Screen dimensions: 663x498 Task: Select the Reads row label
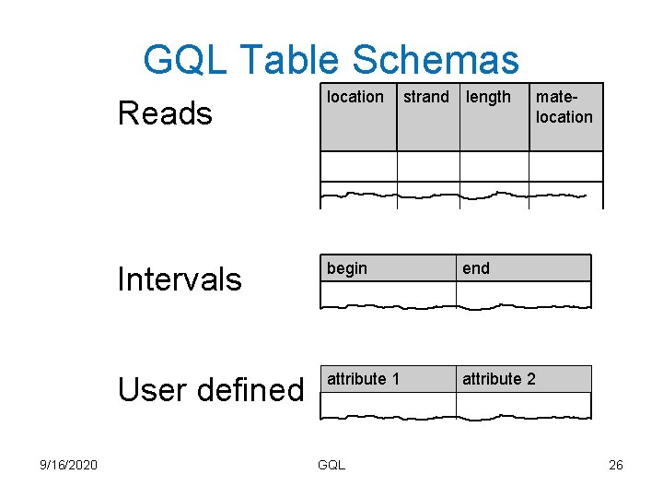[165, 113]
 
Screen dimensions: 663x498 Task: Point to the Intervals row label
[180, 279]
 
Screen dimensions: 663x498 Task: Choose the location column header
[355, 97]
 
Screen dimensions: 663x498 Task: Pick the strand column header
[426, 97]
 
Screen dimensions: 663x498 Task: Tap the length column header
[488, 97]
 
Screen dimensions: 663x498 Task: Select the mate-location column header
[564, 107]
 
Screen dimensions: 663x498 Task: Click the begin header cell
[347, 268]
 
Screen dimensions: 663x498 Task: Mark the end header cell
[476, 268]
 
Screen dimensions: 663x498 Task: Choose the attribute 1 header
[363, 379]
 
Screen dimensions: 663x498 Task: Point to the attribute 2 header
[498, 379]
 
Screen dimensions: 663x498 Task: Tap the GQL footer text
[331, 465]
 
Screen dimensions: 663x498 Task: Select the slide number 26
[616, 465]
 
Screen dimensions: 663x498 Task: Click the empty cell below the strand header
[427, 166]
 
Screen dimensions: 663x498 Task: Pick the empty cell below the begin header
[388, 293]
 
